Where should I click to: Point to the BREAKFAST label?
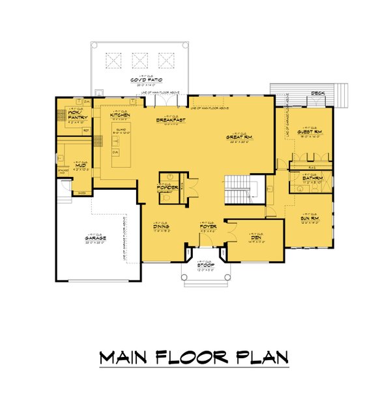168,120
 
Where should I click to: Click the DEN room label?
255,237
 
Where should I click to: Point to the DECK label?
318,93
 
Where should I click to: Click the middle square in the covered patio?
139,60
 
